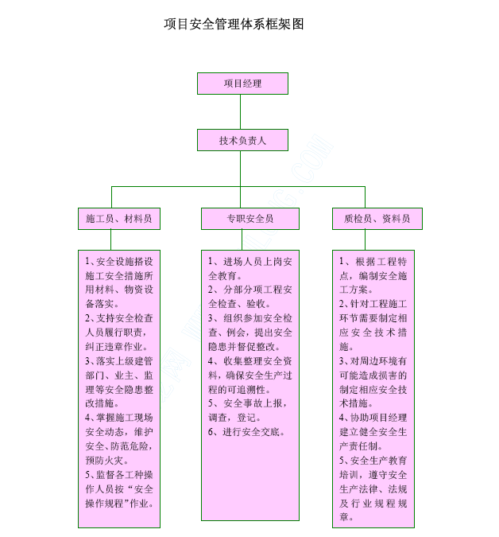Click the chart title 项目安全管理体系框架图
click(x=234, y=25)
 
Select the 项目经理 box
click(x=242, y=84)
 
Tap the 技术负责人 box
click(x=242, y=140)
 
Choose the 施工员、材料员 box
click(x=119, y=219)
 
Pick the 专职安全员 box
click(x=250, y=219)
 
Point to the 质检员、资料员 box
click(x=377, y=219)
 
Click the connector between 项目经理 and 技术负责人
click(x=241, y=111)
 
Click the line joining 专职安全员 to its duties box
click(x=242, y=239)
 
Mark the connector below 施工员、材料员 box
click(x=110, y=239)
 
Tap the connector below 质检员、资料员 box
click(x=365, y=239)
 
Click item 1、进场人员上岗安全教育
click(x=250, y=269)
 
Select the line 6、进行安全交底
click(x=246, y=432)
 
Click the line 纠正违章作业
click(x=116, y=347)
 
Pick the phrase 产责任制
click(x=361, y=446)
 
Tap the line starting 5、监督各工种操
click(x=119, y=475)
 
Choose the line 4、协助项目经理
click(x=373, y=418)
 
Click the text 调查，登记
click(x=234, y=418)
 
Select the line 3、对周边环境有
click(x=373, y=361)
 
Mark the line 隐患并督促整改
click(x=244, y=347)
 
